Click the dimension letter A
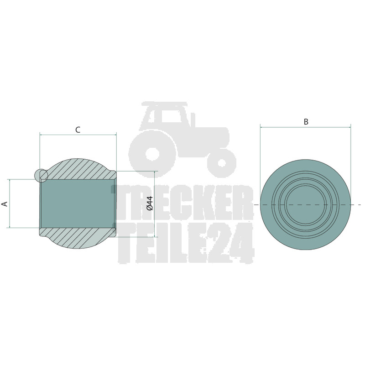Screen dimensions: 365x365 pos(5,204)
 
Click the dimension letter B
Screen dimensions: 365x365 pos(306,122)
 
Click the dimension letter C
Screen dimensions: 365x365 pos(78,130)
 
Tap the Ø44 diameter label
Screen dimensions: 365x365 pos(150,203)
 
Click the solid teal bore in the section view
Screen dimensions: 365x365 pos(78,203)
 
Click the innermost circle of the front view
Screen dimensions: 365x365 pos(286,204)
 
